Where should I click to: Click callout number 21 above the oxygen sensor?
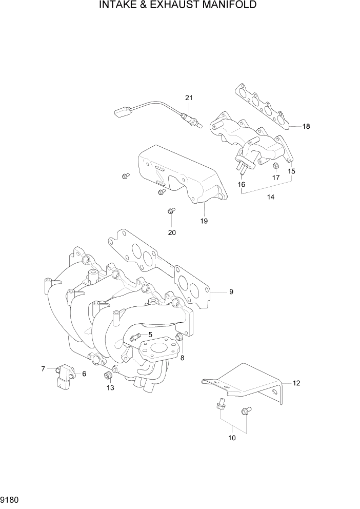click(188, 98)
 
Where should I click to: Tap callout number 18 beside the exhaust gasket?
click(306, 126)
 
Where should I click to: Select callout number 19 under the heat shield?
click(204, 221)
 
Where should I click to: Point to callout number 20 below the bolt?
click(172, 232)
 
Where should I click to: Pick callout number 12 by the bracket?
click(296, 383)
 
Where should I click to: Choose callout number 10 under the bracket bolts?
click(232, 438)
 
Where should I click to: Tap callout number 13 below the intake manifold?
click(110, 387)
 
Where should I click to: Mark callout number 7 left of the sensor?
click(44, 368)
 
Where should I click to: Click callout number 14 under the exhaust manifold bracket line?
click(271, 197)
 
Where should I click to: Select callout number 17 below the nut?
click(276, 178)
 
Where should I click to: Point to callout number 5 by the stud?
click(150, 335)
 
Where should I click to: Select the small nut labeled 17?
click(275, 165)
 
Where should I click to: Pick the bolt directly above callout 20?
click(171, 210)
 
